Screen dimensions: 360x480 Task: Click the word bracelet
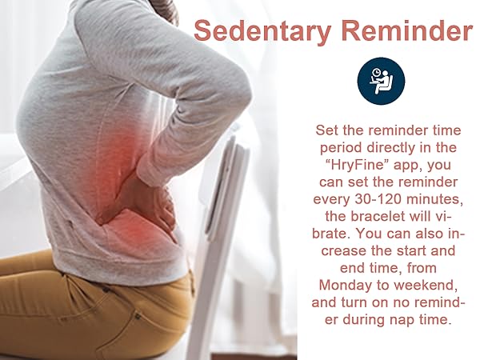pyautogui.click(x=365, y=214)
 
